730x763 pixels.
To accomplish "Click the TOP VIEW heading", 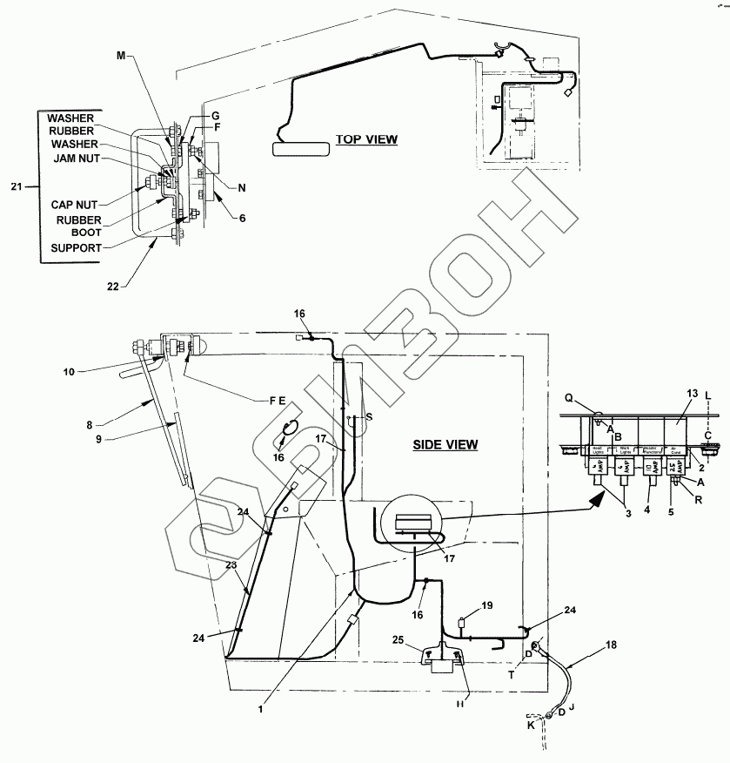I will pos(366,139).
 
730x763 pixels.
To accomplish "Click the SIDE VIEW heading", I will pos(445,444).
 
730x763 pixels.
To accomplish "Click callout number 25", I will pos(398,640).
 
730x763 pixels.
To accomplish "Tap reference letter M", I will pos(121,56).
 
